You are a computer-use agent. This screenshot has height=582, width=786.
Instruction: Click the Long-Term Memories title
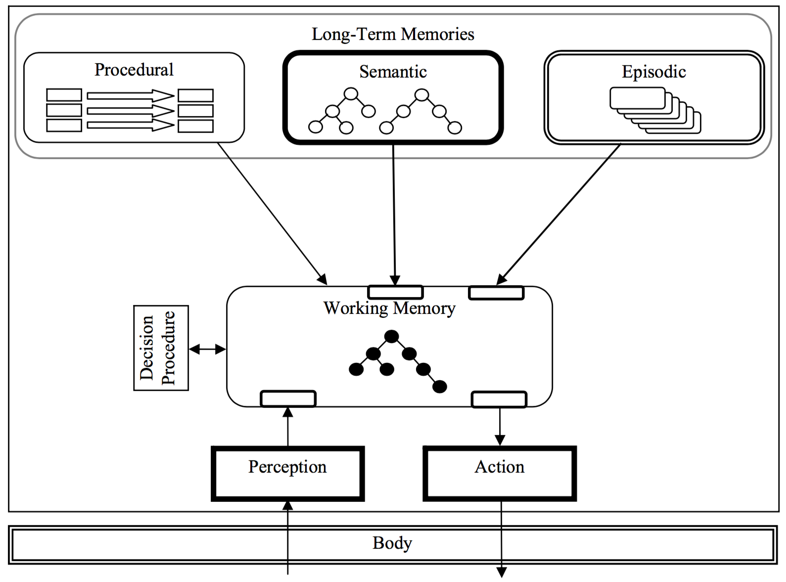[x=393, y=34]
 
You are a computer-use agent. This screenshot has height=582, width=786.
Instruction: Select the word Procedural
[x=134, y=70]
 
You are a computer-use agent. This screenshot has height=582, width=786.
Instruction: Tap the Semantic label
[x=393, y=72]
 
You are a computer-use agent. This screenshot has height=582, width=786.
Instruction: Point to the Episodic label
[x=653, y=72]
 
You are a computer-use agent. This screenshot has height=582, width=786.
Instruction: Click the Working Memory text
[x=389, y=308]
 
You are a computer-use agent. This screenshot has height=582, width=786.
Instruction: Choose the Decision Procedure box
[x=161, y=348]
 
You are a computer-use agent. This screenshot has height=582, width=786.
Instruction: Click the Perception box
[x=287, y=473]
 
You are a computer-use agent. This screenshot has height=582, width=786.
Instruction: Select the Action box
[x=500, y=473]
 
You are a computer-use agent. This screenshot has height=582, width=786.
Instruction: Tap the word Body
[x=392, y=543]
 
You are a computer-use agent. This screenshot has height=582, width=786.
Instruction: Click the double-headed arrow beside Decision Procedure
[x=207, y=350]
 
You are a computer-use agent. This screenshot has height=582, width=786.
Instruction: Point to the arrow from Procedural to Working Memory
[x=272, y=213]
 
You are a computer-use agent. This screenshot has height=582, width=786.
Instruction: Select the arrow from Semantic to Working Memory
[x=394, y=213]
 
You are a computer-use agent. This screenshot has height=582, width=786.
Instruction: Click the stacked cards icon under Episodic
[x=655, y=110]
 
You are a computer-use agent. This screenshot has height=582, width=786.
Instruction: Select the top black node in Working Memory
[x=391, y=337]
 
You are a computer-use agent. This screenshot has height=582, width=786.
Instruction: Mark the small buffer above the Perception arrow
[x=288, y=399]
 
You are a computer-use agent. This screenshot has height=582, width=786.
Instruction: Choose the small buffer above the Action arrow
[x=499, y=399]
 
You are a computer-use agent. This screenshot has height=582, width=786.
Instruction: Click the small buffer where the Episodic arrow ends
[x=496, y=293]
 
